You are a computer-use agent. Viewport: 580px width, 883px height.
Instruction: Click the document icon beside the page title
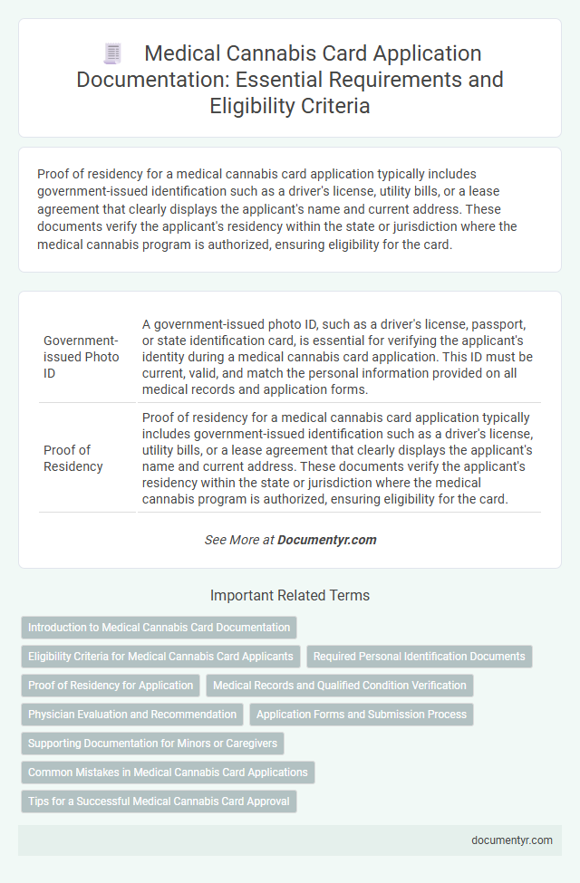[113, 55]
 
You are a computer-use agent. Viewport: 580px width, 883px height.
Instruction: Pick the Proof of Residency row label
[73, 458]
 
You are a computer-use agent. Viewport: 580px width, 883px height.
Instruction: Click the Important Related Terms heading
[290, 596]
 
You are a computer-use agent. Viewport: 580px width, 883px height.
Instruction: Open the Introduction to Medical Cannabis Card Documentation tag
[159, 628]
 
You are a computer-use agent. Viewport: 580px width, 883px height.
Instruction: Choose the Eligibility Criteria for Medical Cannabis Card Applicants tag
[160, 657]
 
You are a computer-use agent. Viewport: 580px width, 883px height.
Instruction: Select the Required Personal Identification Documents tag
[420, 657]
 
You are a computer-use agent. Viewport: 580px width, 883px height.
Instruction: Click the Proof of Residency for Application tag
[110, 686]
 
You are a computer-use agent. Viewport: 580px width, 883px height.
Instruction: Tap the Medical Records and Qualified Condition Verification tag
[340, 686]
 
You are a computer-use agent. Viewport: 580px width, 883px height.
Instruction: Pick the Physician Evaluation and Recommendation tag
[132, 715]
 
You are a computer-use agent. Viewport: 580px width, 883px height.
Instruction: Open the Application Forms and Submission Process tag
[361, 715]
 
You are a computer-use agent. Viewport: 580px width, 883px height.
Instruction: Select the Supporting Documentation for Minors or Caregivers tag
[152, 744]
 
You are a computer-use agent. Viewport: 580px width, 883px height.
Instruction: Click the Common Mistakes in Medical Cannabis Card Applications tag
[168, 773]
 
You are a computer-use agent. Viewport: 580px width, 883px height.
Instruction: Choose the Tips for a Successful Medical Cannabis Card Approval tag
[159, 801]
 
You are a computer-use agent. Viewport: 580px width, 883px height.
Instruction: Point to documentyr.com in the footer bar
[511, 840]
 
